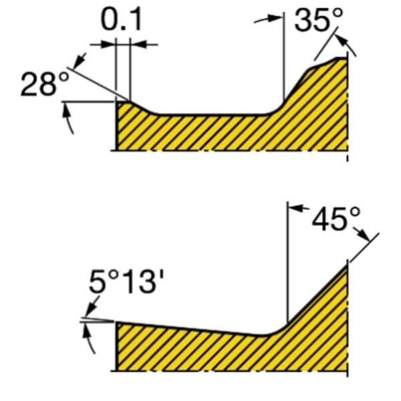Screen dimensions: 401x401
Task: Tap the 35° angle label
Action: [318, 19]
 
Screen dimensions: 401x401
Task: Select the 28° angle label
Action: [45, 84]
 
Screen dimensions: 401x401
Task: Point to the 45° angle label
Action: [336, 219]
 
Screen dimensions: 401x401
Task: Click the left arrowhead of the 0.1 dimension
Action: [108, 44]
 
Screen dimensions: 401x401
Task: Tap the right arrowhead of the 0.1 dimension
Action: [138, 44]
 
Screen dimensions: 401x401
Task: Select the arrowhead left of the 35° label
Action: [276, 18]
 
